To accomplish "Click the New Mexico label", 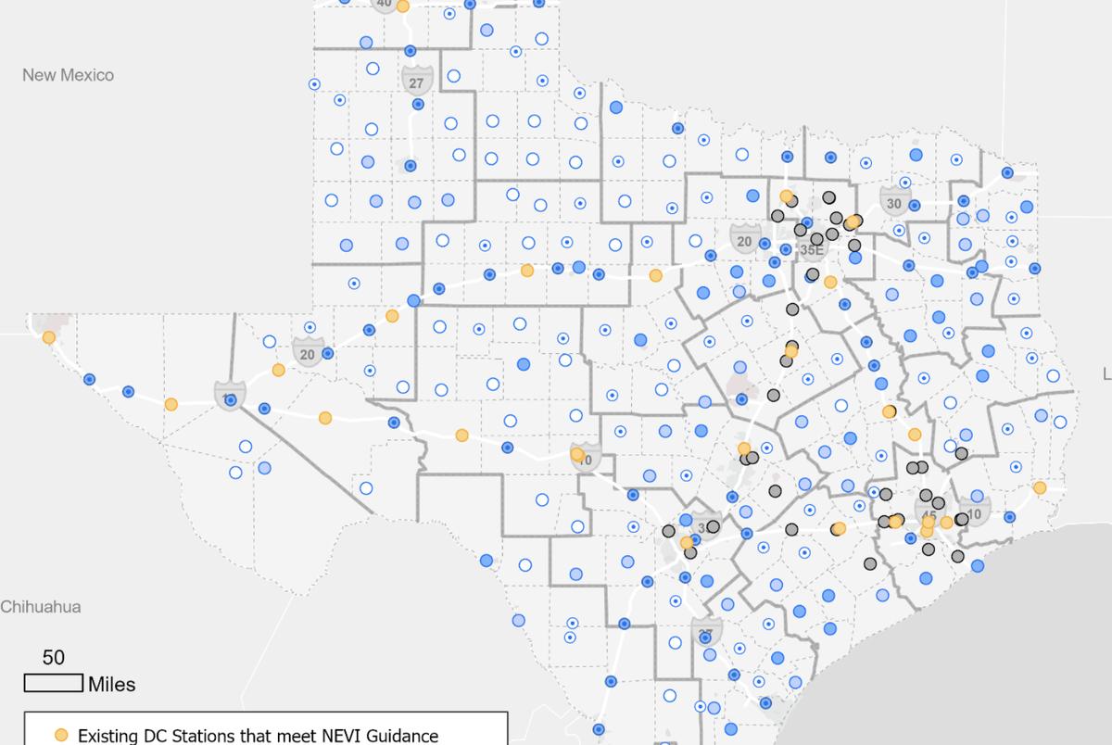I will [x=68, y=75].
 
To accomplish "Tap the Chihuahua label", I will [x=41, y=608].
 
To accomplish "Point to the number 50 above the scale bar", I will [x=54, y=658].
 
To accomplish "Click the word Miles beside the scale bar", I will [x=111, y=685].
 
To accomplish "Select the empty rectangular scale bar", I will [x=54, y=684].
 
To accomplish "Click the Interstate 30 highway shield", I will [x=893, y=202].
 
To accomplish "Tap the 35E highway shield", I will [x=811, y=248].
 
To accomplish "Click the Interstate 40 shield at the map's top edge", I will [x=384, y=4].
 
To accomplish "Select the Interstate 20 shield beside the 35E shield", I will [x=744, y=240].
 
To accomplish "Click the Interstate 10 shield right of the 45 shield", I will [x=974, y=512].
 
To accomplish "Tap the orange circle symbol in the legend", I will [x=61, y=735].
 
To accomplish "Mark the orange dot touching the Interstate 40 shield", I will [x=403, y=6].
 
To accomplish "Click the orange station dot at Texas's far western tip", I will [x=48, y=337].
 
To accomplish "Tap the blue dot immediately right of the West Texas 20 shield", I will [x=327, y=353].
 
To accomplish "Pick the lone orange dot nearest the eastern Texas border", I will [x=1040, y=487].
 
